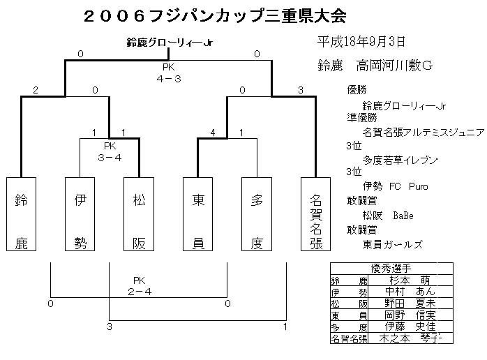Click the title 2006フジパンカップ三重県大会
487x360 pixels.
point(213,15)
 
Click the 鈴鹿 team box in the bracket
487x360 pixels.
point(21,215)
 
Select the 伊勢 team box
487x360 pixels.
point(80,215)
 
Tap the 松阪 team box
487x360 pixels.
point(138,215)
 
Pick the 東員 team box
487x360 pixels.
point(197,215)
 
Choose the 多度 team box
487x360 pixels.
point(256,215)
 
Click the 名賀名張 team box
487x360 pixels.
point(315,215)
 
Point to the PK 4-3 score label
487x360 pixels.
point(169,73)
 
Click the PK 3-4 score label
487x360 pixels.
point(110,151)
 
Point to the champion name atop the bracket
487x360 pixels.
point(170,43)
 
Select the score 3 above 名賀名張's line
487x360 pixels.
point(301,90)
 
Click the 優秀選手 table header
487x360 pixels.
point(391,267)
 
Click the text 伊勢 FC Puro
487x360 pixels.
point(395,186)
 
